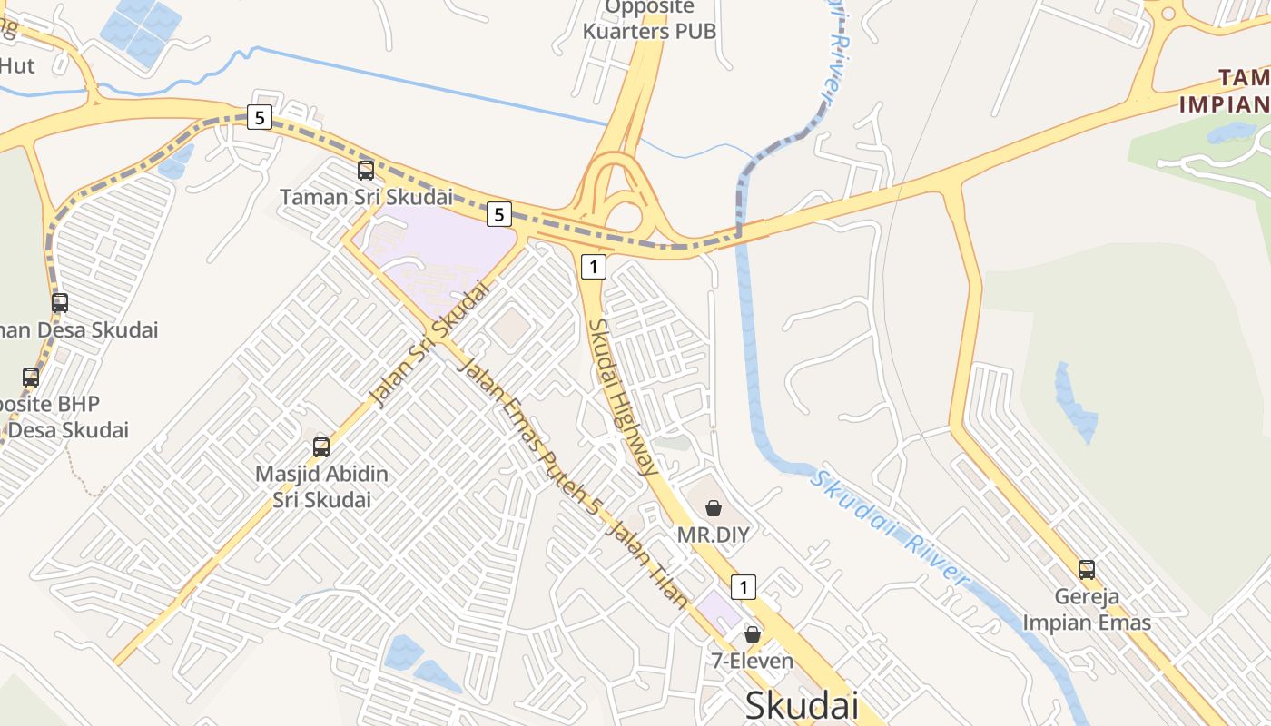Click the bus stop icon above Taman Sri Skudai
366,170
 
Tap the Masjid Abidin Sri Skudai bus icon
321,446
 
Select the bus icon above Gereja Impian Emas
1087,570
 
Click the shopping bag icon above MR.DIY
714,508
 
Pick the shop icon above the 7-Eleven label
753,634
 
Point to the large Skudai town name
802,705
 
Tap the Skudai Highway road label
623,397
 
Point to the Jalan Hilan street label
648,567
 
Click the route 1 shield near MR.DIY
744,587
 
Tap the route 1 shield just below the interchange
593,267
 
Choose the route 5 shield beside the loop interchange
498,214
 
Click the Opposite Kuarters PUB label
649,19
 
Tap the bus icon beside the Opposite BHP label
31,378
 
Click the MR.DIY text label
714,535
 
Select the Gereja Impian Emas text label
1087,610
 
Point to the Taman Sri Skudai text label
366,197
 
